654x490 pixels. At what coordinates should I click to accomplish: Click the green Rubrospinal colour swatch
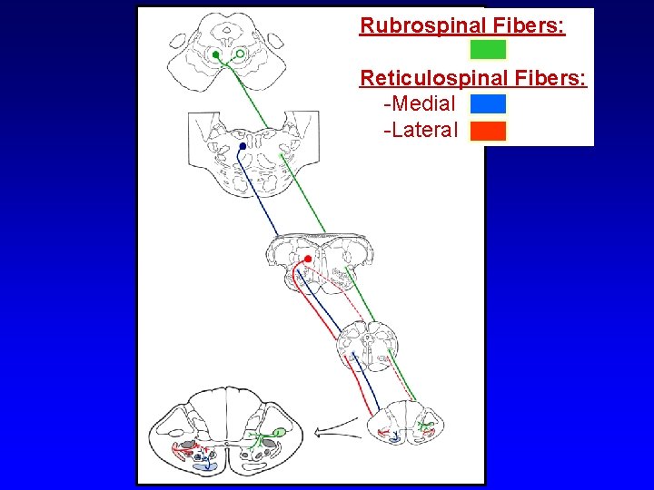pyautogui.click(x=488, y=50)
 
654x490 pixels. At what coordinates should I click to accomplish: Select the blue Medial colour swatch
pyautogui.click(x=488, y=103)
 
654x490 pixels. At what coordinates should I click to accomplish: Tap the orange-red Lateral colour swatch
pyautogui.click(x=488, y=131)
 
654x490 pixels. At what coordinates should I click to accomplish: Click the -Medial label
pyautogui.click(x=420, y=103)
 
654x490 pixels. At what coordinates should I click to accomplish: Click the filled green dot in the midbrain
pyautogui.click(x=215, y=55)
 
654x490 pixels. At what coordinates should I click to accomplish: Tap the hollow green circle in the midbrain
pyautogui.click(x=239, y=54)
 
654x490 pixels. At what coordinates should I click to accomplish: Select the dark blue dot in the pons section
pyautogui.click(x=242, y=146)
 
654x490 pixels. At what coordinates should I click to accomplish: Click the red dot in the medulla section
pyautogui.click(x=309, y=260)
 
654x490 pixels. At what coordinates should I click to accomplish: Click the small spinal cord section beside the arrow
pyautogui.click(x=403, y=424)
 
